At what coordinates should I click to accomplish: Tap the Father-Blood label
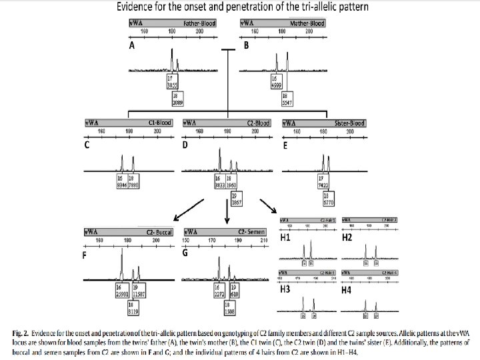(199, 23)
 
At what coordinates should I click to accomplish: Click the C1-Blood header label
(159, 123)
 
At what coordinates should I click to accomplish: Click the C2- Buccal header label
(159, 232)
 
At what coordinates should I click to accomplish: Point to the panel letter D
(186, 147)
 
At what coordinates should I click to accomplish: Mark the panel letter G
(186, 253)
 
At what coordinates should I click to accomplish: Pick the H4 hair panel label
(346, 291)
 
